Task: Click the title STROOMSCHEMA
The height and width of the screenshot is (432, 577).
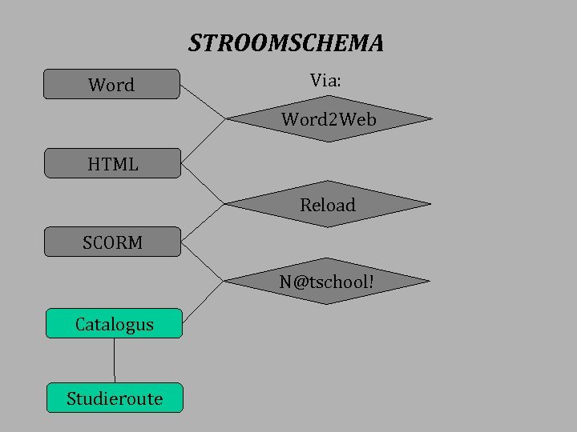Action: [x=286, y=43]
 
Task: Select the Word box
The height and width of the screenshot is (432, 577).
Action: [x=111, y=84]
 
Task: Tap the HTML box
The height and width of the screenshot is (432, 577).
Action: [x=112, y=163]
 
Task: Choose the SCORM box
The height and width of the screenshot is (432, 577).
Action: [x=112, y=242]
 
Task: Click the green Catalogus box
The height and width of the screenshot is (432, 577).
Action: [x=114, y=323]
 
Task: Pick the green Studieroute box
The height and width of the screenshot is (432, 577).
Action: [x=115, y=398]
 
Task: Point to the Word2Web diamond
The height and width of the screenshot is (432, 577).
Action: [x=329, y=120]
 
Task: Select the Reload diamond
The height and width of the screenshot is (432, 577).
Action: [x=328, y=205]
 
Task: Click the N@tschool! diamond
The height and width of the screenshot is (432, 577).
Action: [x=327, y=282]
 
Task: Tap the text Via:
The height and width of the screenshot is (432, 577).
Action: [x=327, y=79]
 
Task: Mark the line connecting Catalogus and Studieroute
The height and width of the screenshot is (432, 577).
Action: [x=115, y=360]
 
